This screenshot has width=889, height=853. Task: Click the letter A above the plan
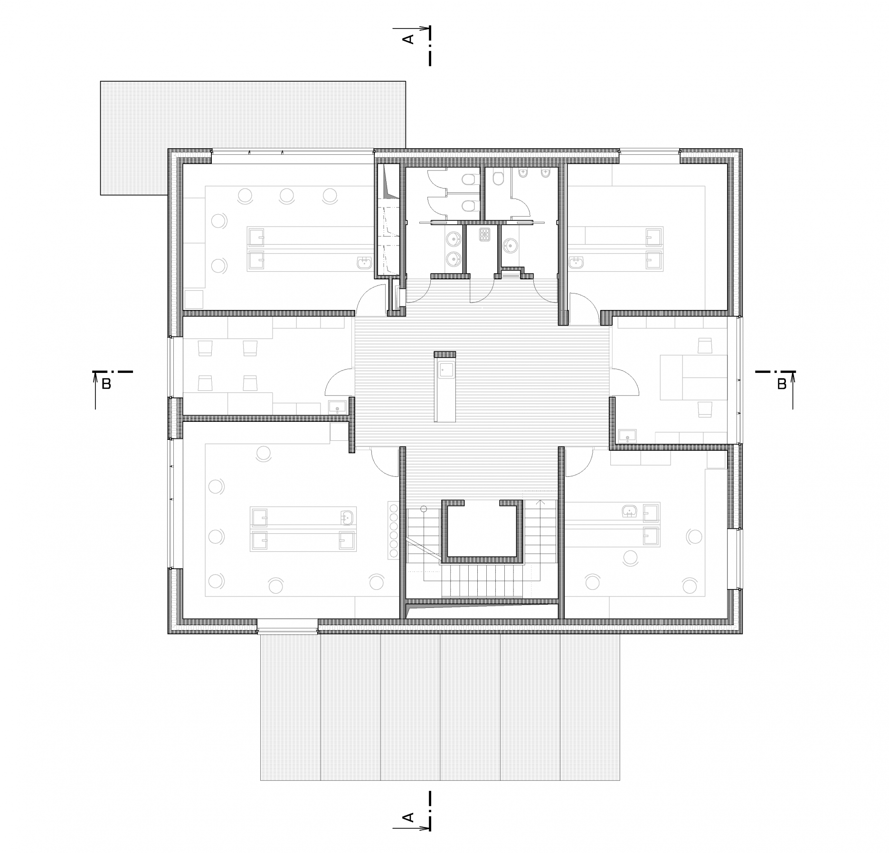click(x=408, y=38)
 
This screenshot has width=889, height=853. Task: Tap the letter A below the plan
click(x=408, y=817)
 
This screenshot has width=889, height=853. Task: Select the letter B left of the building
click(x=106, y=384)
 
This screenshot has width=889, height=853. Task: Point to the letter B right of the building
click(x=782, y=384)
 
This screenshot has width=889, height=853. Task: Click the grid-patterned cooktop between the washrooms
click(x=485, y=235)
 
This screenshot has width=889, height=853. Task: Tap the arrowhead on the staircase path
click(x=540, y=501)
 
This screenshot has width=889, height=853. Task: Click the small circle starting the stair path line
click(x=424, y=509)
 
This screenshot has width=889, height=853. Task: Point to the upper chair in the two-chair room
click(x=705, y=345)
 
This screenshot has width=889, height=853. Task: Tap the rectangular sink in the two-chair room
click(x=628, y=436)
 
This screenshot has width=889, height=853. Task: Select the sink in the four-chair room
click(x=338, y=407)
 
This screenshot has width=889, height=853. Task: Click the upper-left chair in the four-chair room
click(x=205, y=348)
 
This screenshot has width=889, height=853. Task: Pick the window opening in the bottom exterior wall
click(x=287, y=626)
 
